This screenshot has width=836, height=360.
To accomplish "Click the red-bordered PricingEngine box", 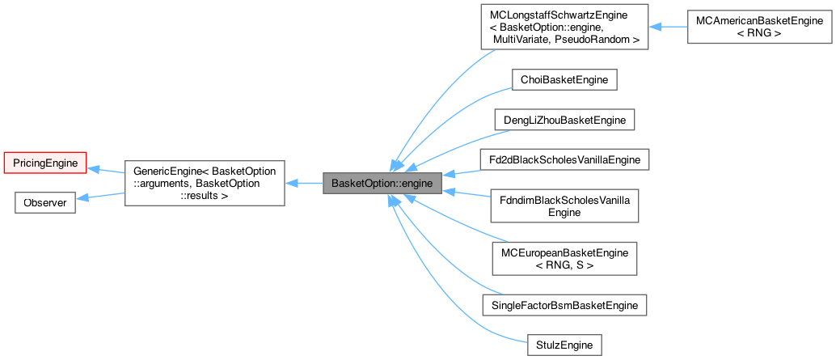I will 45,163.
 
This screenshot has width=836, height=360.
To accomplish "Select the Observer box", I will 45,202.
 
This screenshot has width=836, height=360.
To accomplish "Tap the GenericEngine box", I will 204,183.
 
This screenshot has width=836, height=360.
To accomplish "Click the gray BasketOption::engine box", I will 382,183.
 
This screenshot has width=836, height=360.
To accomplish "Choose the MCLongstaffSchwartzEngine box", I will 564,27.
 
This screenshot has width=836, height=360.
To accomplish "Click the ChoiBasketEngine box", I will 564,79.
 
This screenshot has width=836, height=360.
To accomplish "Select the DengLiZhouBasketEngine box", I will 564,119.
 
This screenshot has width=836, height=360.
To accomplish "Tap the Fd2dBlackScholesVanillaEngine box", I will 564,159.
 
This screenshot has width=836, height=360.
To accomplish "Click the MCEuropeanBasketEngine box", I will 564,259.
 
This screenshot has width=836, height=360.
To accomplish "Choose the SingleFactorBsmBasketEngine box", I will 564,305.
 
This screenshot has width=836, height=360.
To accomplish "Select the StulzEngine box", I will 564,345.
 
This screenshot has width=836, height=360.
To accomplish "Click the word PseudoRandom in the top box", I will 601,39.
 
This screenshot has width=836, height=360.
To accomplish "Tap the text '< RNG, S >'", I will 564,265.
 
